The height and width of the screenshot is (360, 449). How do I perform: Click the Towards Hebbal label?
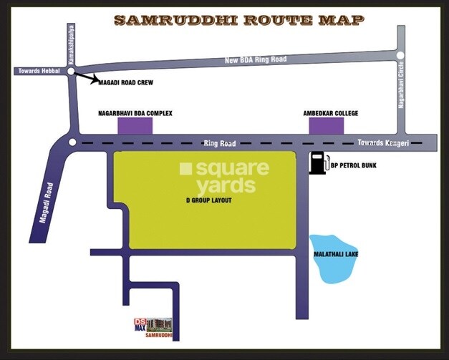click(x=37, y=71)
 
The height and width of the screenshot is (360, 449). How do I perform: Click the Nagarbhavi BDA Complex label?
click(x=135, y=113)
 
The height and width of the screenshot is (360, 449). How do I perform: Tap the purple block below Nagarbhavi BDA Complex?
click(x=135, y=126)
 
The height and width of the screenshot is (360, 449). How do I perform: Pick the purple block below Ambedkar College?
click(x=326, y=126)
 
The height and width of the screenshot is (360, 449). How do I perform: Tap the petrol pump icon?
click(x=318, y=163)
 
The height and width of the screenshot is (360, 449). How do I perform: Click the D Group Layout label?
click(x=208, y=200)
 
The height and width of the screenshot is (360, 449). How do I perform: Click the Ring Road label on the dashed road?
click(x=219, y=144)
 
